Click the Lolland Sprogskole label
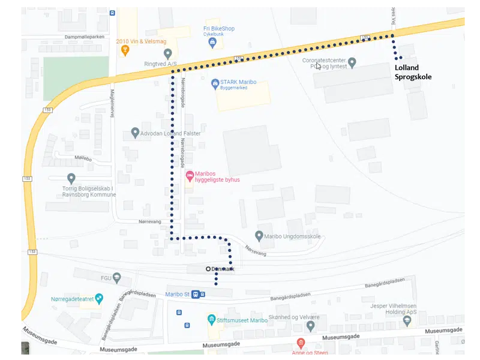(413, 72)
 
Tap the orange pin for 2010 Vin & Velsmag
(125, 50)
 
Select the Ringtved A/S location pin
(168, 54)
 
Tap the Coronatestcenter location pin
(352, 62)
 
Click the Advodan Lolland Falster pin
(135, 133)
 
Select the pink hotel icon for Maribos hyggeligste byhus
(190, 176)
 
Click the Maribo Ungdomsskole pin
(259, 236)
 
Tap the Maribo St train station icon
(196, 294)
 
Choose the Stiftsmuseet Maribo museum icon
(211, 319)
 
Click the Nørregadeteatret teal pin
(99, 298)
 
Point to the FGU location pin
(117, 278)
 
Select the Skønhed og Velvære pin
(310, 326)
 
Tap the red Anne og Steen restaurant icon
(301, 343)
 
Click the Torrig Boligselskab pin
(71, 178)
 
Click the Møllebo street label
(82, 158)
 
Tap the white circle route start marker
(208, 269)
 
